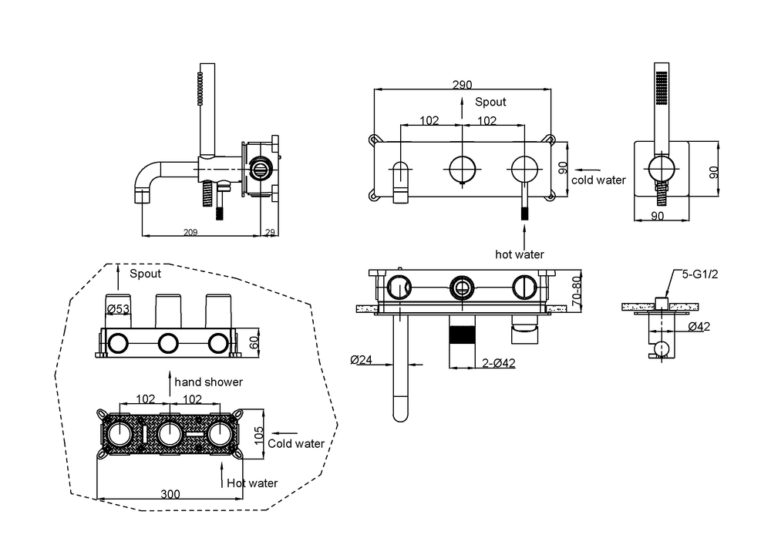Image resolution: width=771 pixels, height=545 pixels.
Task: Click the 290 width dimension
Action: pos(462,84)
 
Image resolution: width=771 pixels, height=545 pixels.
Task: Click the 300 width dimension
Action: pos(171,494)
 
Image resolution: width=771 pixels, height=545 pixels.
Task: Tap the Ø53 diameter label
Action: pos(117,309)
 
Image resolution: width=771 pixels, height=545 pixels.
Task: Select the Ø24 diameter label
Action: pos(362,359)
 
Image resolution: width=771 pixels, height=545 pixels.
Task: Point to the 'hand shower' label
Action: pos(208,382)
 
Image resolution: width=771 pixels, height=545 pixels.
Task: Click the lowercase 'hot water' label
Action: pos(520,254)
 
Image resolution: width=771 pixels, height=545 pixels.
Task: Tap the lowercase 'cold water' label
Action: pos(599,180)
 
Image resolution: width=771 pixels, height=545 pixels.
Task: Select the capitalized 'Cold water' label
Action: pos(296,443)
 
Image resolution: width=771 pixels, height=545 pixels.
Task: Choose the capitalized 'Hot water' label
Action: pos(252,483)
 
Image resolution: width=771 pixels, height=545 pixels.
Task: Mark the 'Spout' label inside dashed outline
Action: pos(145,274)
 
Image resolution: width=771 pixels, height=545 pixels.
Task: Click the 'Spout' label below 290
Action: pos(490,102)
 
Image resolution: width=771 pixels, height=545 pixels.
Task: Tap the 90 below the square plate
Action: pos(658,216)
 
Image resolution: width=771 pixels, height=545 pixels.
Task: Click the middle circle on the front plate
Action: pos(462,167)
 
